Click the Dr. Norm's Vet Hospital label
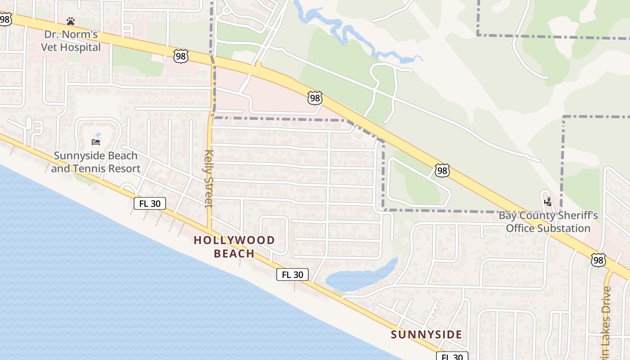(71, 41)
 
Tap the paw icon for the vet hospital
(71, 21)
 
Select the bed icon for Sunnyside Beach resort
(96, 142)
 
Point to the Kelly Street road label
(208, 179)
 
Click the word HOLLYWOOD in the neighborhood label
(234, 240)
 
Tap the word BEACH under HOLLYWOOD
(234, 253)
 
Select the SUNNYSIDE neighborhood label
(426, 335)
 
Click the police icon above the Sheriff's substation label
(548, 202)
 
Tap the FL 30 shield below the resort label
(150, 203)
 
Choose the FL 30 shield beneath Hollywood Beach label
(292, 274)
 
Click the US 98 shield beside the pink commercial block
(315, 98)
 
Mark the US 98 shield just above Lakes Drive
(598, 260)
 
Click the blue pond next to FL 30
(360, 277)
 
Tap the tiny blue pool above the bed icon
(98, 134)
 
